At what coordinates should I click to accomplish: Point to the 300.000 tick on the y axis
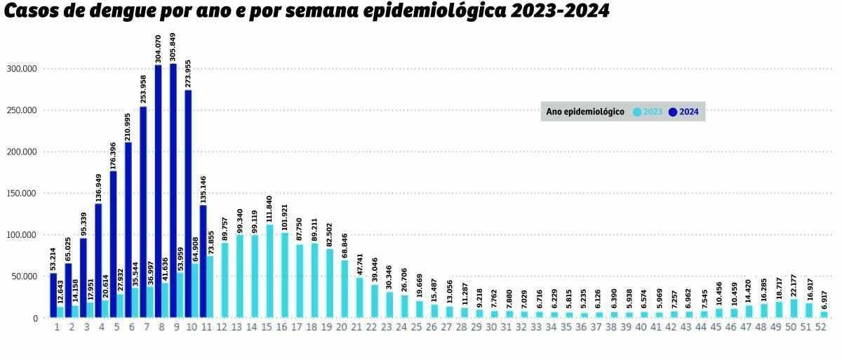[x=21, y=69]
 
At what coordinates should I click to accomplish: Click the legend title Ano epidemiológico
[x=584, y=112]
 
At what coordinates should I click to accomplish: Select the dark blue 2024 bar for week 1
[x=53, y=295]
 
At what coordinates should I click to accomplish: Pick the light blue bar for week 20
[x=344, y=289]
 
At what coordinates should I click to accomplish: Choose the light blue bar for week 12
[x=225, y=280]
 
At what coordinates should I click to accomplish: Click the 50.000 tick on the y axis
[x=23, y=276]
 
